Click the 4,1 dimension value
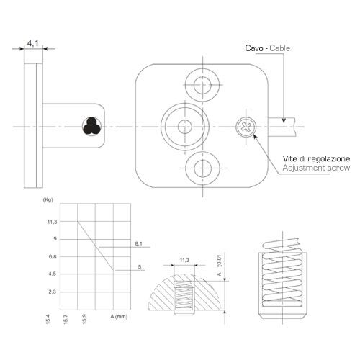pyautogui.click(x=33, y=43)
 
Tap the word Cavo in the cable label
pyautogui.click(x=254, y=48)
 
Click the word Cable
pyautogui.click(x=280, y=48)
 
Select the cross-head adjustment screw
pyautogui.click(x=246, y=127)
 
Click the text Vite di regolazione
pyautogui.click(x=316, y=158)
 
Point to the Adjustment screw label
pyautogui.click(x=316, y=168)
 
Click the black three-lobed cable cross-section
pyautogui.click(x=91, y=126)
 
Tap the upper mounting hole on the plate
pyautogui.click(x=202, y=85)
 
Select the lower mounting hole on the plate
pyautogui.click(x=202, y=168)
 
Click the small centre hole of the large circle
pyautogui.click(x=185, y=127)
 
